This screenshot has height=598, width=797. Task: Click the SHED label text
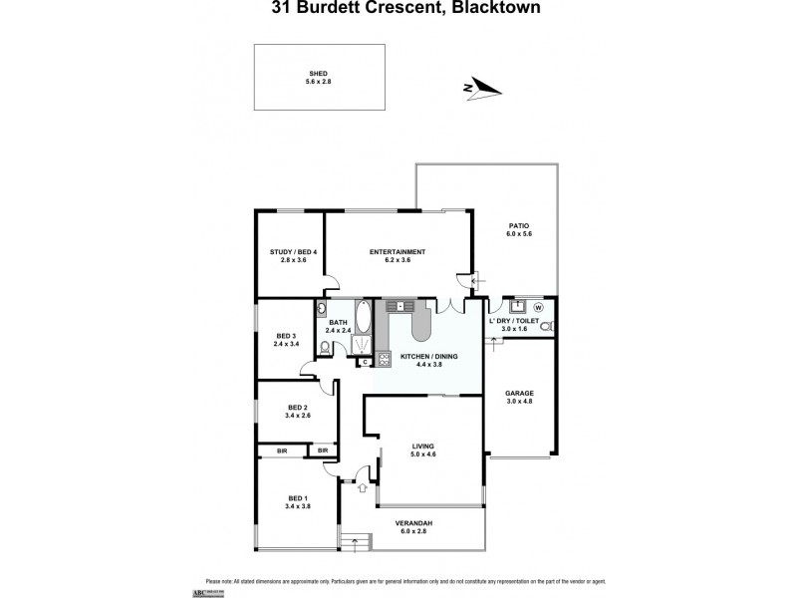point(318,73)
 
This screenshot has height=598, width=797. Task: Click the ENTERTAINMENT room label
point(398,251)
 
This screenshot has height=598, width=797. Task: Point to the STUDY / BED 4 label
point(293,251)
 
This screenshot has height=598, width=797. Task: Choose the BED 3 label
point(286,336)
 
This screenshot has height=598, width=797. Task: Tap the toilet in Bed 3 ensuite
point(325,347)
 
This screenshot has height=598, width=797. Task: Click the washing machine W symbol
point(539,307)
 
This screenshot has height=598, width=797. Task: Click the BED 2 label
point(297,407)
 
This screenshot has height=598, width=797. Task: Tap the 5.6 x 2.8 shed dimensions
point(318,81)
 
